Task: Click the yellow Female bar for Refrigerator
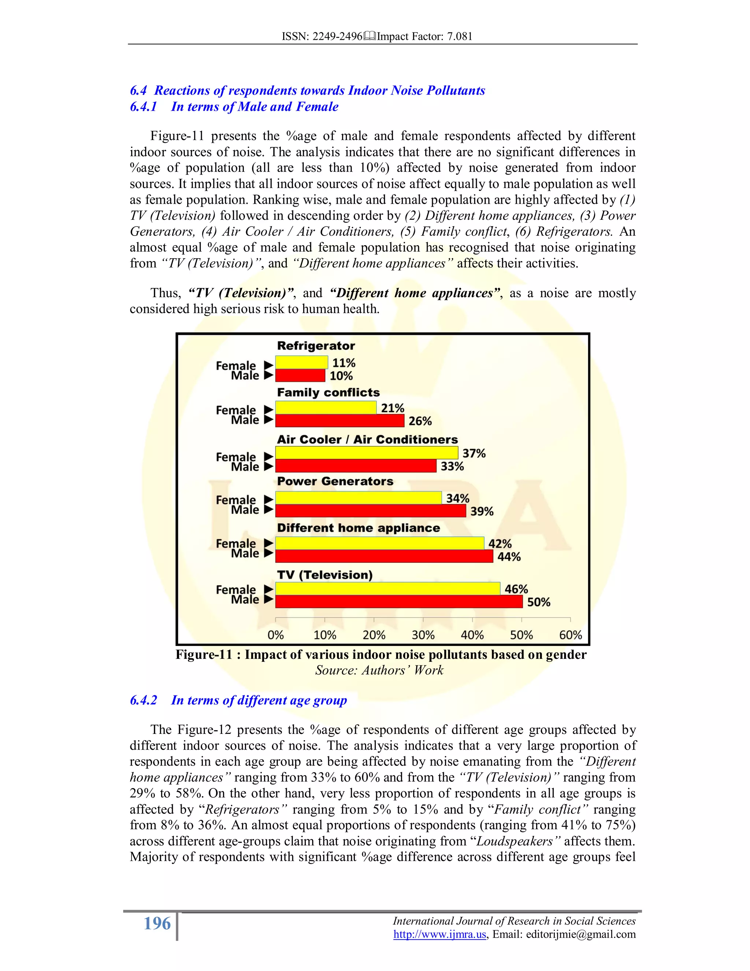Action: (301, 362)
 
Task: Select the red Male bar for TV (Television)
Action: (398, 602)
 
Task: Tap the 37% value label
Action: (474, 454)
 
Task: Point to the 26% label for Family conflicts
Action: (420, 421)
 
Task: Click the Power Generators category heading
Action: (335, 481)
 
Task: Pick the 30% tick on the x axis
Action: (423, 635)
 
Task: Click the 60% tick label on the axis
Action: (570, 635)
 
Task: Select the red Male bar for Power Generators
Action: (370, 511)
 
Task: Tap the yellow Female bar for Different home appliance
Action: (379, 543)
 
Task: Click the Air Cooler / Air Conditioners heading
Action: (367, 440)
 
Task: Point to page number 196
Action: (157, 923)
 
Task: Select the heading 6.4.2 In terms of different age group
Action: (238, 700)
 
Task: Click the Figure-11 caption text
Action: (381, 654)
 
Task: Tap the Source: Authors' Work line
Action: (379, 670)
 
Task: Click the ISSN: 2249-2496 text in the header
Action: (322, 36)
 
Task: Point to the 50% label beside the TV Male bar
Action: (538, 602)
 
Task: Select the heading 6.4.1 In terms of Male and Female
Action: (234, 107)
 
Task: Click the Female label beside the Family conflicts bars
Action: (235, 410)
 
